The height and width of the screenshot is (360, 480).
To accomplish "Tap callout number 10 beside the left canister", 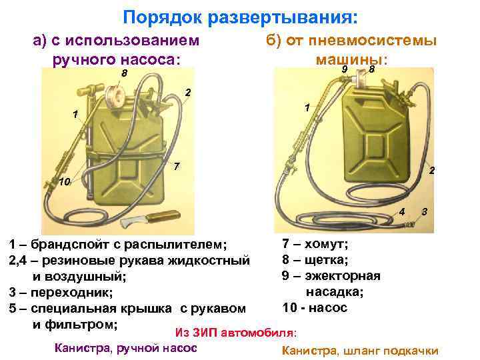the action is click(64, 181).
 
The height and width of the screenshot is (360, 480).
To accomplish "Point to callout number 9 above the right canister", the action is click(344, 69).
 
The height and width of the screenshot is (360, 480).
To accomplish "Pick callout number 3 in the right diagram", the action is click(425, 211).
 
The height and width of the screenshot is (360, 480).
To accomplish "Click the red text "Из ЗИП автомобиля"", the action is click(235, 331).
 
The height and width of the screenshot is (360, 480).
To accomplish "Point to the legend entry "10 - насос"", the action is click(315, 308).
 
